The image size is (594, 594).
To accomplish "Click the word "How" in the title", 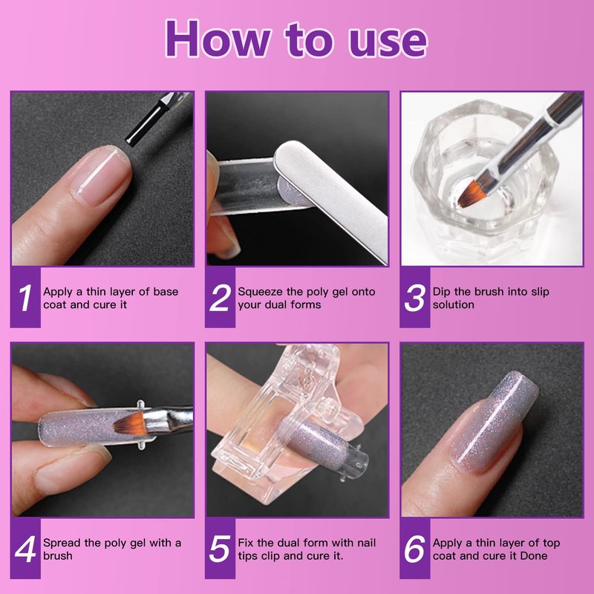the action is [218, 39].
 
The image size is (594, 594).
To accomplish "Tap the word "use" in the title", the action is [387, 41].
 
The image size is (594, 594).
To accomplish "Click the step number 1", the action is [25, 298].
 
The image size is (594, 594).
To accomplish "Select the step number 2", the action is [220, 298].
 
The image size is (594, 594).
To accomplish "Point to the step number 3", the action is [414, 298].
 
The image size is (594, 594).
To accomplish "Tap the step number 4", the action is [25, 549].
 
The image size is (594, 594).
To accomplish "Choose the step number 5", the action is [220, 549].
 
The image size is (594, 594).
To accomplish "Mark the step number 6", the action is [414, 549].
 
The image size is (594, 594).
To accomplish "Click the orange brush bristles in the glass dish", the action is [471, 194].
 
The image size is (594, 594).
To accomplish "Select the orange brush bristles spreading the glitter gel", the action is [131, 423].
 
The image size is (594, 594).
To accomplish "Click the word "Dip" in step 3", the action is [442, 292].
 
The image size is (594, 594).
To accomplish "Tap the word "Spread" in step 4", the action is [62, 544].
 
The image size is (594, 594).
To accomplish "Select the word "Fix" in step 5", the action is [246, 543].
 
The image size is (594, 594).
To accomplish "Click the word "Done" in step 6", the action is [534, 555].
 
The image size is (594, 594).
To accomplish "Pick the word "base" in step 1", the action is [165, 292].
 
